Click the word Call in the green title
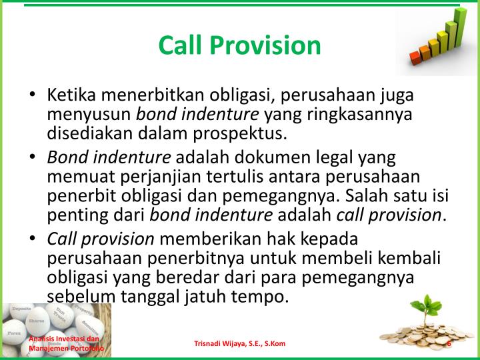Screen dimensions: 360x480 coord(182,45)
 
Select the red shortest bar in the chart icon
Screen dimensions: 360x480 coord(417,57)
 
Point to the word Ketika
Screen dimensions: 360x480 coord(71,95)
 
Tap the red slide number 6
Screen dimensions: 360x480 coord(450,343)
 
